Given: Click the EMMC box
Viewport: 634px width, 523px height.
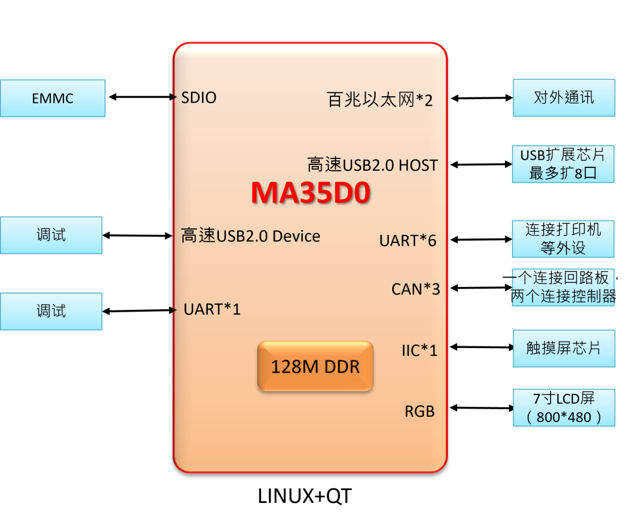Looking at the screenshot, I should (x=52, y=98).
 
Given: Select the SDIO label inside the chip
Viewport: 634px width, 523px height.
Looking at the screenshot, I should (x=198, y=97).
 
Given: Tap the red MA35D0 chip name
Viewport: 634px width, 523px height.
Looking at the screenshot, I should (x=311, y=193).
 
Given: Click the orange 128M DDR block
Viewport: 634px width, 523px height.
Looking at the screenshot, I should (x=315, y=367).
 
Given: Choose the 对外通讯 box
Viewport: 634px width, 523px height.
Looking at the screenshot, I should (x=564, y=97).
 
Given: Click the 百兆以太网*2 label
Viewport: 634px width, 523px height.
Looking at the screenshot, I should (x=379, y=100).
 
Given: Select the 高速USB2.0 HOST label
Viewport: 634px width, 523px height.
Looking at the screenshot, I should (x=372, y=165).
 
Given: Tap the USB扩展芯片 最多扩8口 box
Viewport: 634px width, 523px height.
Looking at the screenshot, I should (x=563, y=164).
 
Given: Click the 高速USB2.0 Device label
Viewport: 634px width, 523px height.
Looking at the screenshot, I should (x=251, y=236).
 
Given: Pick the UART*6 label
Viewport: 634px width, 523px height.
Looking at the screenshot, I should (x=407, y=241).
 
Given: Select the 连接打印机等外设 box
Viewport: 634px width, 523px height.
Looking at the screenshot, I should (x=563, y=239).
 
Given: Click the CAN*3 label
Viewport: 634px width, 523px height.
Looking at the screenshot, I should (x=416, y=289).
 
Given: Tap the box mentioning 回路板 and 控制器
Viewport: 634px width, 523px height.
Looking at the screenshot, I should (x=563, y=287).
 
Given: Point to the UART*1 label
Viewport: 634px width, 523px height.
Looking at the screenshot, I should (x=212, y=309).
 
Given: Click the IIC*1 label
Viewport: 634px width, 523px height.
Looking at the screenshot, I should (x=419, y=350).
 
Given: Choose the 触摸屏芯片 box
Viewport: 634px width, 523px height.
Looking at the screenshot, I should (x=564, y=348).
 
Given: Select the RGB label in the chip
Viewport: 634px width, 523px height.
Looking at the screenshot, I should (x=419, y=411).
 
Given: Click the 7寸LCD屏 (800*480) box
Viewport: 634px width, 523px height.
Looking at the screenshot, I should (x=564, y=407).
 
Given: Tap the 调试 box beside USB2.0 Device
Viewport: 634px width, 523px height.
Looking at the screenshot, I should (x=51, y=235).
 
